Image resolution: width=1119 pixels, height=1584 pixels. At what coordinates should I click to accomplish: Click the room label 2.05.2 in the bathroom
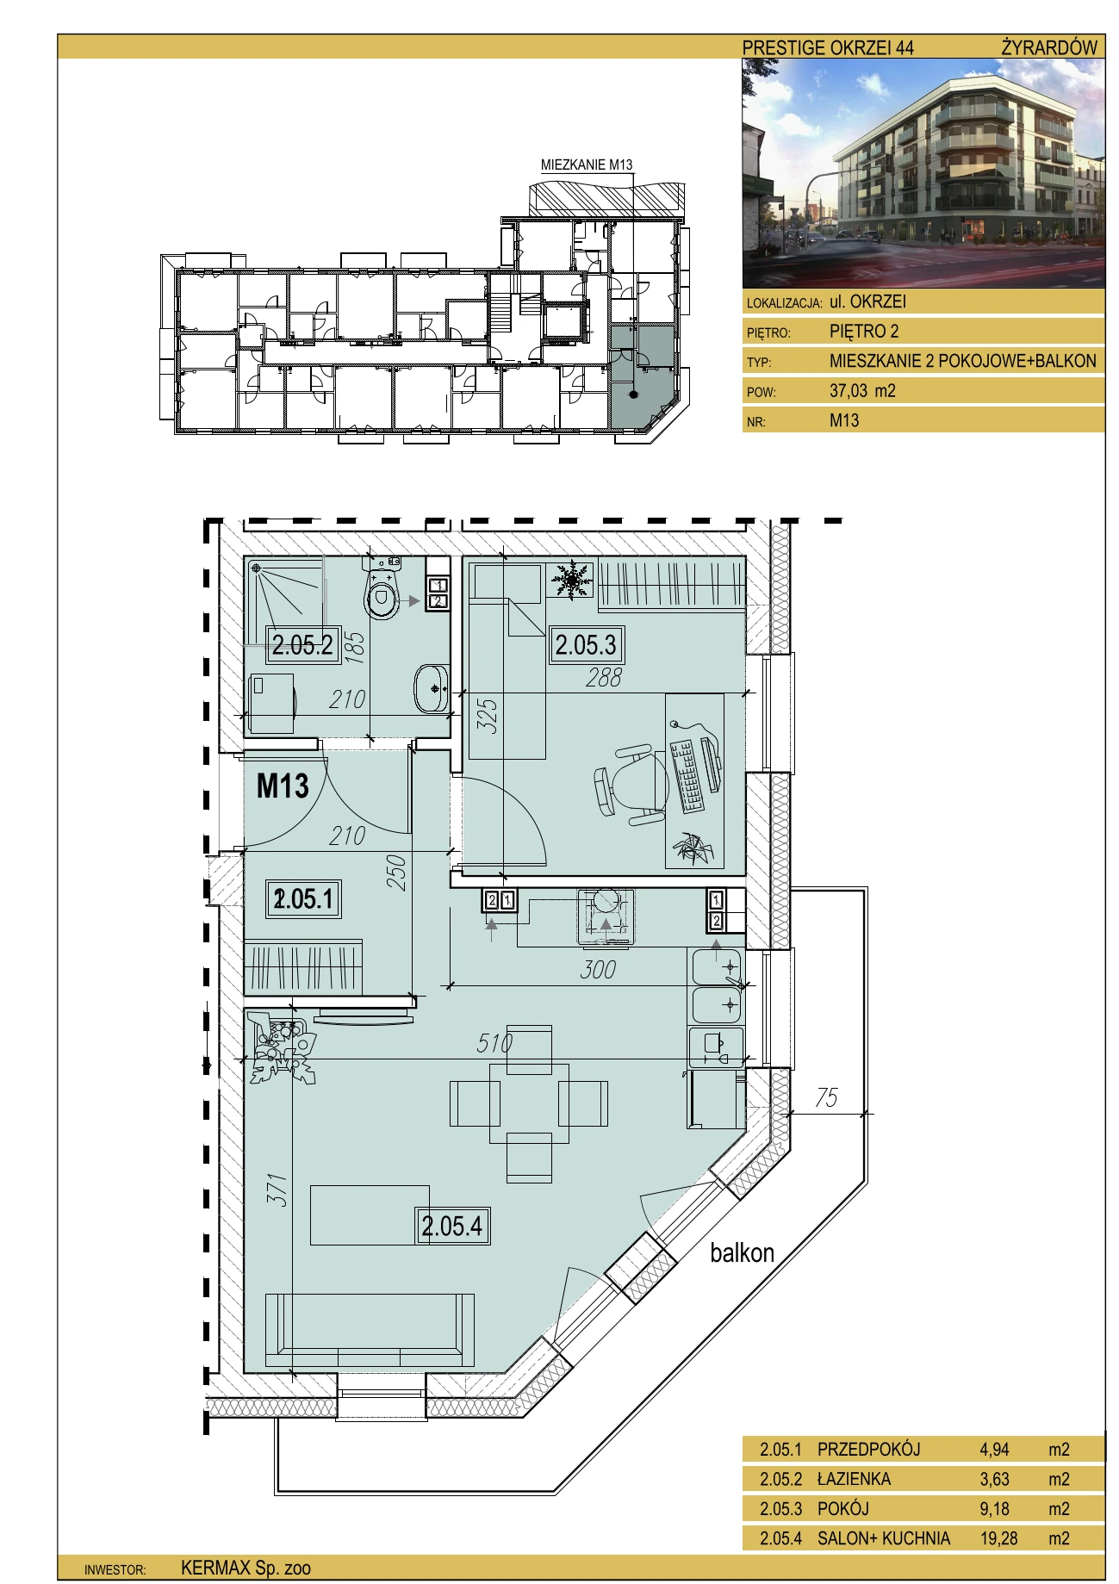click(302, 644)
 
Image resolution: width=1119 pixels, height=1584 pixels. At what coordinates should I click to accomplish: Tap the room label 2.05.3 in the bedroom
click(586, 644)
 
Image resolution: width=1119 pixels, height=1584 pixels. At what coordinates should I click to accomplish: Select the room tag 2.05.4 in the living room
click(453, 1226)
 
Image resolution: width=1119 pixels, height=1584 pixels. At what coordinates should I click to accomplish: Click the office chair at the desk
click(630, 784)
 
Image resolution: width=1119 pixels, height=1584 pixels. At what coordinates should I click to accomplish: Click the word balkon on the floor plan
click(742, 1252)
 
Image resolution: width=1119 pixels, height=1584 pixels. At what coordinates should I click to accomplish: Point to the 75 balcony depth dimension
click(826, 1097)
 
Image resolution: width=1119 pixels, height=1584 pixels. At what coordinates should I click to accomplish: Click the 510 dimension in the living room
click(495, 1043)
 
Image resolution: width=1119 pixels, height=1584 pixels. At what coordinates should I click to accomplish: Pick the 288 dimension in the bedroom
click(603, 678)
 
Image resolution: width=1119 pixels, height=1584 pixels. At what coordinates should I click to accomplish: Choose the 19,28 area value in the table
click(998, 1538)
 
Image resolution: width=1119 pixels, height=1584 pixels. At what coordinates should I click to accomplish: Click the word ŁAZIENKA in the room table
click(854, 1479)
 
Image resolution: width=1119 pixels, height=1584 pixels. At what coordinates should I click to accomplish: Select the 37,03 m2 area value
click(862, 390)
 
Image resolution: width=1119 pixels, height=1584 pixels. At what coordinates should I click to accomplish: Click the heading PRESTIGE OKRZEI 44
click(828, 48)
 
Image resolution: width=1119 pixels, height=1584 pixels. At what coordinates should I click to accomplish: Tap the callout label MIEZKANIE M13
click(587, 165)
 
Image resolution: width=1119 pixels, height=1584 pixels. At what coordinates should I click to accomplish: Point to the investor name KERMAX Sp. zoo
click(246, 1568)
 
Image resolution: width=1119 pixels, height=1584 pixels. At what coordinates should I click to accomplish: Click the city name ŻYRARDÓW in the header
click(1049, 47)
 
